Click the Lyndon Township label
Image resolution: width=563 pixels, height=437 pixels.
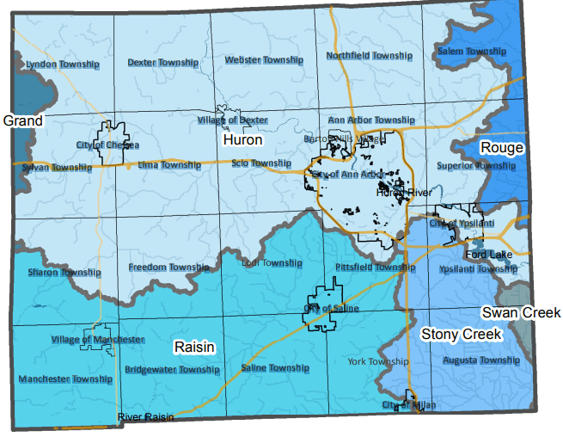[x=63, y=65]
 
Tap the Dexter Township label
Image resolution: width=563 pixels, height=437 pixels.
[x=163, y=63]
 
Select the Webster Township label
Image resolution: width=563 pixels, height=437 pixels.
[x=264, y=60]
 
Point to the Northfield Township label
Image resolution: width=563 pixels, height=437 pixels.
[x=370, y=56]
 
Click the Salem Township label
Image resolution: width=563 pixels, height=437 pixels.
[x=472, y=52]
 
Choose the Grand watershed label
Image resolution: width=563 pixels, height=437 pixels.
[x=23, y=121]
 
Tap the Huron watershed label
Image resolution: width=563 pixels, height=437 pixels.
[x=242, y=139]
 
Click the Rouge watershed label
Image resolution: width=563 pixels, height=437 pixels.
[x=501, y=148]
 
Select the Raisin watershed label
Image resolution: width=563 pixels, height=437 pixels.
[x=194, y=346]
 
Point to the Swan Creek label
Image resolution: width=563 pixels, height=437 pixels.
[x=521, y=312]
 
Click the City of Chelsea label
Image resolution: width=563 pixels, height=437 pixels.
[x=107, y=145]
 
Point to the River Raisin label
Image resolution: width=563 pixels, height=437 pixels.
[x=145, y=417]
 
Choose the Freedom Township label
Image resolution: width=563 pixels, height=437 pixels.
[x=169, y=268]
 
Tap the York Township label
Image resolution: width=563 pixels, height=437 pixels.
[x=377, y=362]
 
